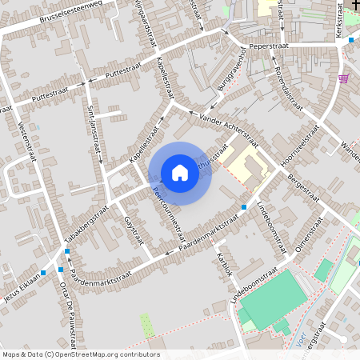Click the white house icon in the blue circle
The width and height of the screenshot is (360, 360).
pos(180,173)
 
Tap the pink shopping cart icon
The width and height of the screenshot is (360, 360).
pos(344,78)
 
